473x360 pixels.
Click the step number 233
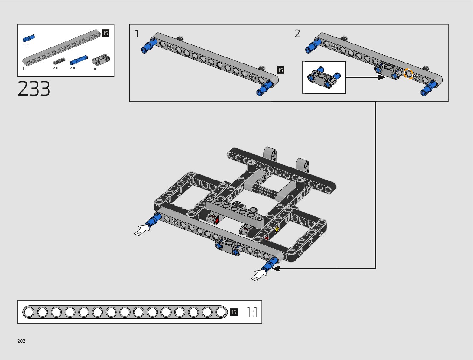34,89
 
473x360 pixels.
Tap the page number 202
21,341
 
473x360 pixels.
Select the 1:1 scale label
252,312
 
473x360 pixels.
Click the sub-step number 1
137,34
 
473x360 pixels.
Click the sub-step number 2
297,34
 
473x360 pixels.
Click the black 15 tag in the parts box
105,33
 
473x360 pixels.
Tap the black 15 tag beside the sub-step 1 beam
280,70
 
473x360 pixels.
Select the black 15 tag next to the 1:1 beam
234,312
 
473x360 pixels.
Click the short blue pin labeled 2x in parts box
29,38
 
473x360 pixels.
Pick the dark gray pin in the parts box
59,61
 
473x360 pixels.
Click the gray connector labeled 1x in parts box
101,60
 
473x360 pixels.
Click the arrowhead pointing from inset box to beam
382,77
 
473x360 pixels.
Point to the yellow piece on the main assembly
277,229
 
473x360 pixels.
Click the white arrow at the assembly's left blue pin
143,229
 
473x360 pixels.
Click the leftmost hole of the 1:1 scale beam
29,312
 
